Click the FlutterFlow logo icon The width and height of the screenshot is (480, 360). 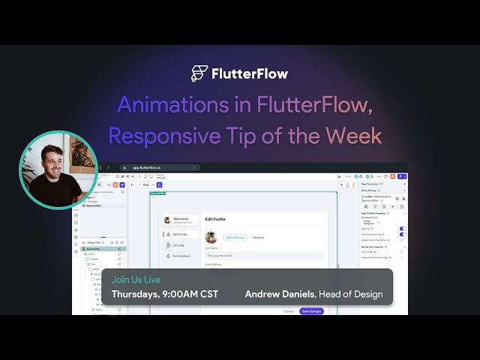click(199, 73)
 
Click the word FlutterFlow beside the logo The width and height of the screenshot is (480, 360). click(249, 73)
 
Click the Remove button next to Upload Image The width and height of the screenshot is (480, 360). click(257, 237)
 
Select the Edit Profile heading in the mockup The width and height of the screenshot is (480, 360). click(215, 219)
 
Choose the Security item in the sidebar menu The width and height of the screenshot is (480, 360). click(178, 245)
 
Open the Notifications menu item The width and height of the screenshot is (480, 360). click(183, 256)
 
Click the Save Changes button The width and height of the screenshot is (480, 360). click(311, 311)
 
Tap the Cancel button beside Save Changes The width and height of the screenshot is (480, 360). click(289, 311)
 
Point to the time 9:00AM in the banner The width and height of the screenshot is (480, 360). click(185, 294)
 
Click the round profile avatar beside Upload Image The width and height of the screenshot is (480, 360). click(211, 237)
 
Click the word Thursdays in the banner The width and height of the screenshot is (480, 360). click(133, 294)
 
